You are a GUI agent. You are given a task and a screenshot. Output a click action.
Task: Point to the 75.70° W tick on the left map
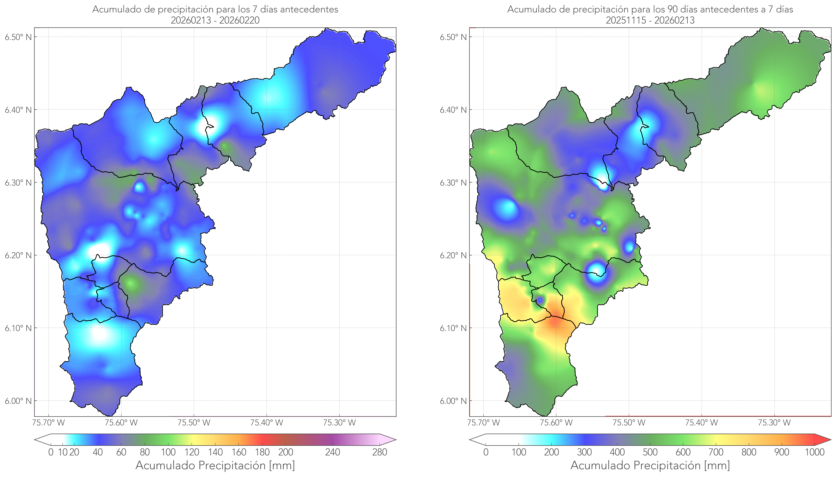tap(48, 423)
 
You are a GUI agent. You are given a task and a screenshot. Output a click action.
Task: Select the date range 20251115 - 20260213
tap(650, 20)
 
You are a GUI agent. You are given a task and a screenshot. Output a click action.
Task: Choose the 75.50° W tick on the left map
tap(194, 423)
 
